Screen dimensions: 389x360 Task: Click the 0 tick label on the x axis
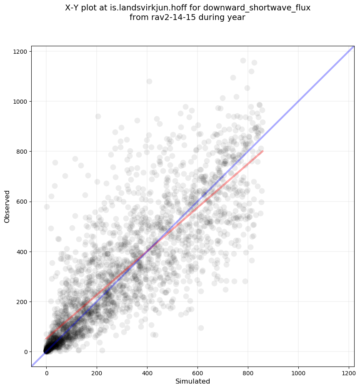pos(47,372)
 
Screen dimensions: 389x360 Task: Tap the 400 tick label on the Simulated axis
pos(147,372)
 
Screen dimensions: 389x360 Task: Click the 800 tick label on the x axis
pos(248,372)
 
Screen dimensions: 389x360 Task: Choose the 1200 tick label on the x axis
pos(349,372)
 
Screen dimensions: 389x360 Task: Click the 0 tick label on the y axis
pos(25,352)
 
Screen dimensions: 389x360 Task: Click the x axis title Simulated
pos(192,381)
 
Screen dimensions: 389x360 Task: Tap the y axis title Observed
pos(7,207)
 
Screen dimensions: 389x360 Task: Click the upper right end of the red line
pos(263,151)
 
